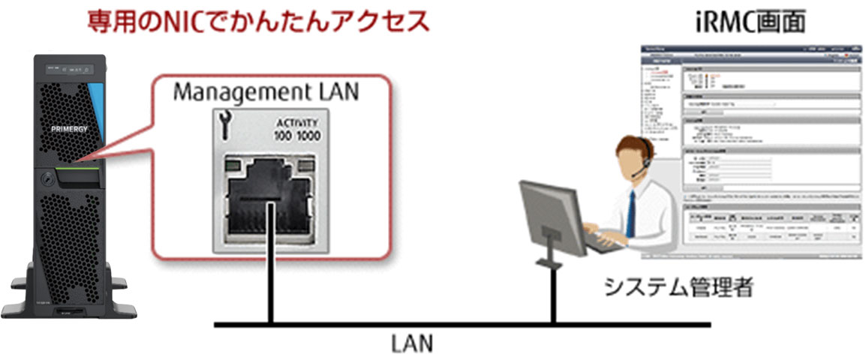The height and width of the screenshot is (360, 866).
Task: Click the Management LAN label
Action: click(x=266, y=92)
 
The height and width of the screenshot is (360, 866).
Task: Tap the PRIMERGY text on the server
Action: click(x=71, y=128)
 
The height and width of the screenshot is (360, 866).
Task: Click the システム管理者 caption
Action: click(x=678, y=287)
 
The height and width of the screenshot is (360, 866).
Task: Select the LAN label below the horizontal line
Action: click(x=411, y=344)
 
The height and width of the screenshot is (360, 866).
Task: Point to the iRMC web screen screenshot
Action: click(x=750, y=150)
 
